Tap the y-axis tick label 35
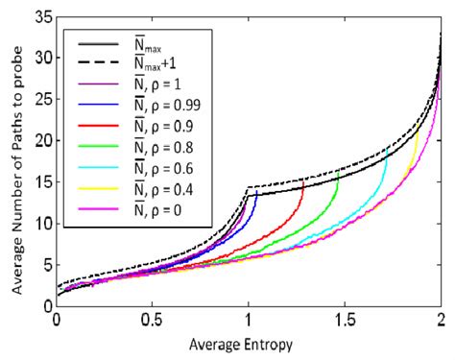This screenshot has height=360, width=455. [x=42, y=17]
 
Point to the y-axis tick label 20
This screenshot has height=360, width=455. [x=42, y=141]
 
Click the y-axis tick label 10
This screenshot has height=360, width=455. [x=42, y=224]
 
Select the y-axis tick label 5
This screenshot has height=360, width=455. [x=46, y=265]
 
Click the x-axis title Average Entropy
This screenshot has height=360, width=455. [x=249, y=344]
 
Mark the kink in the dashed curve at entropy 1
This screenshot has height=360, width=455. [x=249, y=186]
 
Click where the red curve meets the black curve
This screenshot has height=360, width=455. [x=304, y=180]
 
